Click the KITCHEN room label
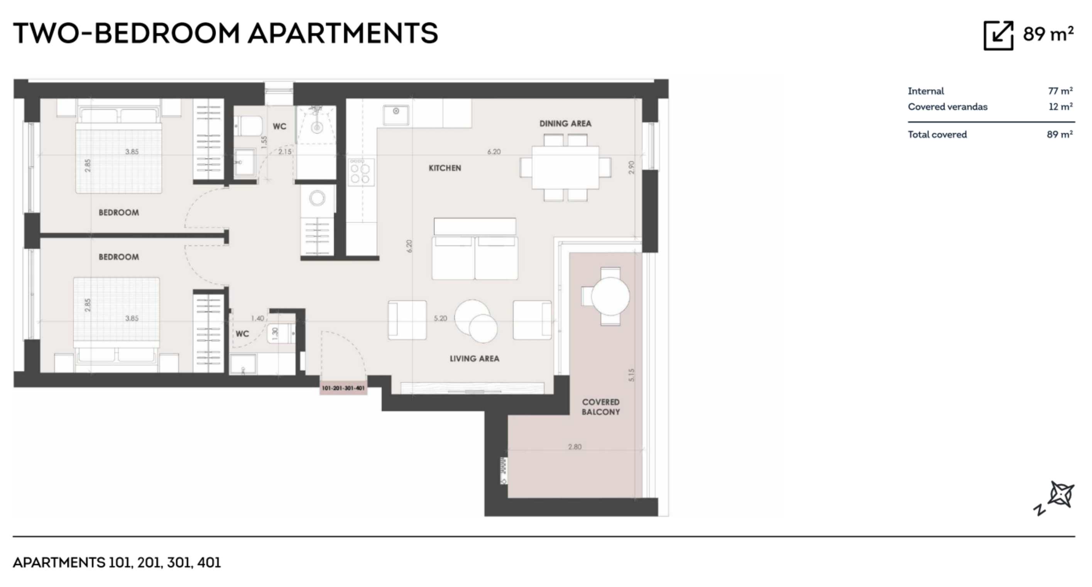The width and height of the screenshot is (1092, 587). pyautogui.click(x=445, y=168)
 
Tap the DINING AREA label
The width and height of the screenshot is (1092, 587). pyautogui.click(x=565, y=123)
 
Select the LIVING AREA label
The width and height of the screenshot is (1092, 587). pyautogui.click(x=474, y=359)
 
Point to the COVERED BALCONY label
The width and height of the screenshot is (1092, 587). pyautogui.click(x=601, y=407)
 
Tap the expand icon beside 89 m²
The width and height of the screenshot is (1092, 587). pyautogui.click(x=998, y=35)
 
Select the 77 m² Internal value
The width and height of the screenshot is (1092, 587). pyautogui.click(x=1060, y=91)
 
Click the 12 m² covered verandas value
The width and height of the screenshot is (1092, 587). pyautogui.click(x=1061, y=106)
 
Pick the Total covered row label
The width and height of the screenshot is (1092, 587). pyautogui.click(x=937, y=134)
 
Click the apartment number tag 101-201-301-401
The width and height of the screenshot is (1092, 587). pyautogui.click(x=343, y=388)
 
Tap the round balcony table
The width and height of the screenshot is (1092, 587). pyautogui.click(x=610, y=296)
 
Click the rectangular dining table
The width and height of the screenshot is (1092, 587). pyautogui.click(x=566, y=167)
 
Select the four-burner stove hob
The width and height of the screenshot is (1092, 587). pyautogui.click(x=361, y=172)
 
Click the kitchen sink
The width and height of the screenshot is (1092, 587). pyautogui.click(x=396, y=115)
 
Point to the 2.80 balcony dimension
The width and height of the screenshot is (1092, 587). pyautogui.click(x=575, y=447)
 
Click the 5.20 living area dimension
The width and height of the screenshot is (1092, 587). pyautogui.click(x=440, y=318)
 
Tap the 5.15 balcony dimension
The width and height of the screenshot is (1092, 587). pyautogui.click(x=631, y=375)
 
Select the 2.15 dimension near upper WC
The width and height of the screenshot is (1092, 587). pyautogui.click(x=285, y=152)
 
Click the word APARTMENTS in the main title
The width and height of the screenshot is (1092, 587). pyautogui.click(x=343, y=34)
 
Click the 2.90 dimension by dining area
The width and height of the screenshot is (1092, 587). pyautogui.click(x=631, y=167)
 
